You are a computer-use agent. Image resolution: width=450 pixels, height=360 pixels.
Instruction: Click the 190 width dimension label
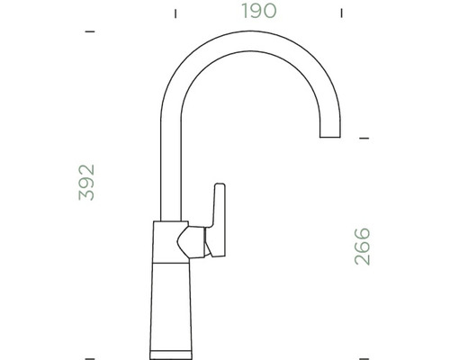point(258,12)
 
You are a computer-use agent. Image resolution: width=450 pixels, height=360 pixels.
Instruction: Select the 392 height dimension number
point(87,183)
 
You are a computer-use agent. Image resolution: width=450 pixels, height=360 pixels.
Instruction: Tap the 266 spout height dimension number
point(363,247)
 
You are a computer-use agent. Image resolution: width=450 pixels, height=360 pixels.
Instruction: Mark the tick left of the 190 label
point(175,13)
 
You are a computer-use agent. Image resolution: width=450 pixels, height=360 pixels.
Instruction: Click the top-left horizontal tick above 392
point(89,32)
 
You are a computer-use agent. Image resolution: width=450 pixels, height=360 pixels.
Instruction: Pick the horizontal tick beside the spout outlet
point(364,139)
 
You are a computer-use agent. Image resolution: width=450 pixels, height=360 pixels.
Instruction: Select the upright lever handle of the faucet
point(218,216)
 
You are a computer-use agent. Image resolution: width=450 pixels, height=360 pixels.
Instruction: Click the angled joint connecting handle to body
point(191,241)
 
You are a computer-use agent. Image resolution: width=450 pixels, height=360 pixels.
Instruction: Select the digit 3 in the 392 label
point(87,195)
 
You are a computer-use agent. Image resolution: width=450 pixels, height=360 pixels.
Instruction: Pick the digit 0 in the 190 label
point(271,12)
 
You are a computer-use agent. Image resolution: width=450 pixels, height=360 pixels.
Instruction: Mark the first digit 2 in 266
point(363,260)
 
